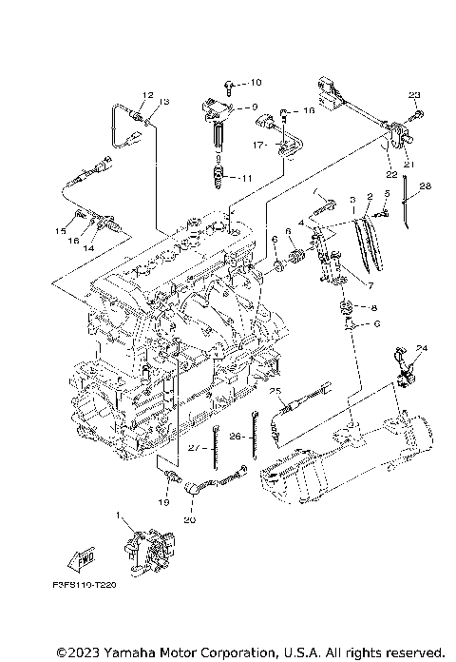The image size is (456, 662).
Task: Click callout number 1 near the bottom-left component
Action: [x=119, y=516]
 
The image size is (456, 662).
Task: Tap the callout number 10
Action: [x=255, y=83]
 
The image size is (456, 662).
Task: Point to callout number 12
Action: [x=147, y=94]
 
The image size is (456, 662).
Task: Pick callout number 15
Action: [x=60, y=230]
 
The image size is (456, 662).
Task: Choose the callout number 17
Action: [x=257, y=145]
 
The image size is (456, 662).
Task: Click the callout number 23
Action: [x=413, y=95]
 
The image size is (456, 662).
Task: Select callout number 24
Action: [x=422, y=348]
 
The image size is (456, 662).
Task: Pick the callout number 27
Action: [x=192, y=447]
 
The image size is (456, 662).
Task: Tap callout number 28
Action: [x=426, y=185]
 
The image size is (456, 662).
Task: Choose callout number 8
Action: [x=372, y=308]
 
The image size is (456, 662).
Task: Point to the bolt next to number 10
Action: [x=232, y=84]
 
